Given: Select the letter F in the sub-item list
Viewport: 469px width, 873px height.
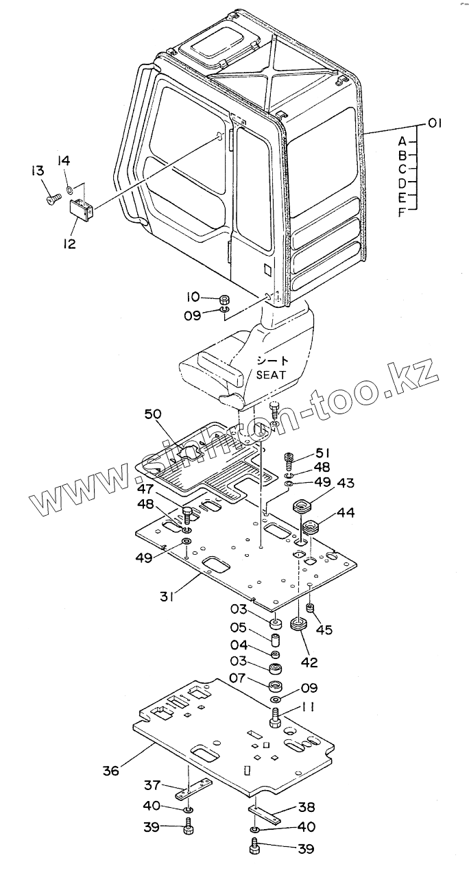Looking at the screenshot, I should coord(402,212).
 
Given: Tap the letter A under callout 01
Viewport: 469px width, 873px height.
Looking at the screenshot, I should coord(402,141).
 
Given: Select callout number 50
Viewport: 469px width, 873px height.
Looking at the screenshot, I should coord(154,414).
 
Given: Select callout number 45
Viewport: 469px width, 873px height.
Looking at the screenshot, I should coord(324,629).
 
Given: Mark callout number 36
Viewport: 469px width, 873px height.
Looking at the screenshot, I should coord(110,771).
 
